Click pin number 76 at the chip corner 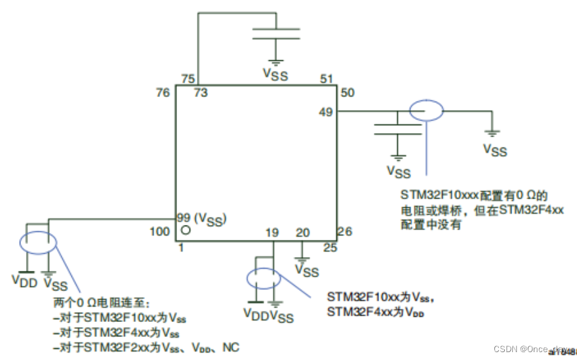162,93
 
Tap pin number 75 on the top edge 188,79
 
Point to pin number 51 327,79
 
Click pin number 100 160,231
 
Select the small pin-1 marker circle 186,231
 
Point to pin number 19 273,232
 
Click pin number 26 345,231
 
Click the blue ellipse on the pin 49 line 426,111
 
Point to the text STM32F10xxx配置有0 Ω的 473,195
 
